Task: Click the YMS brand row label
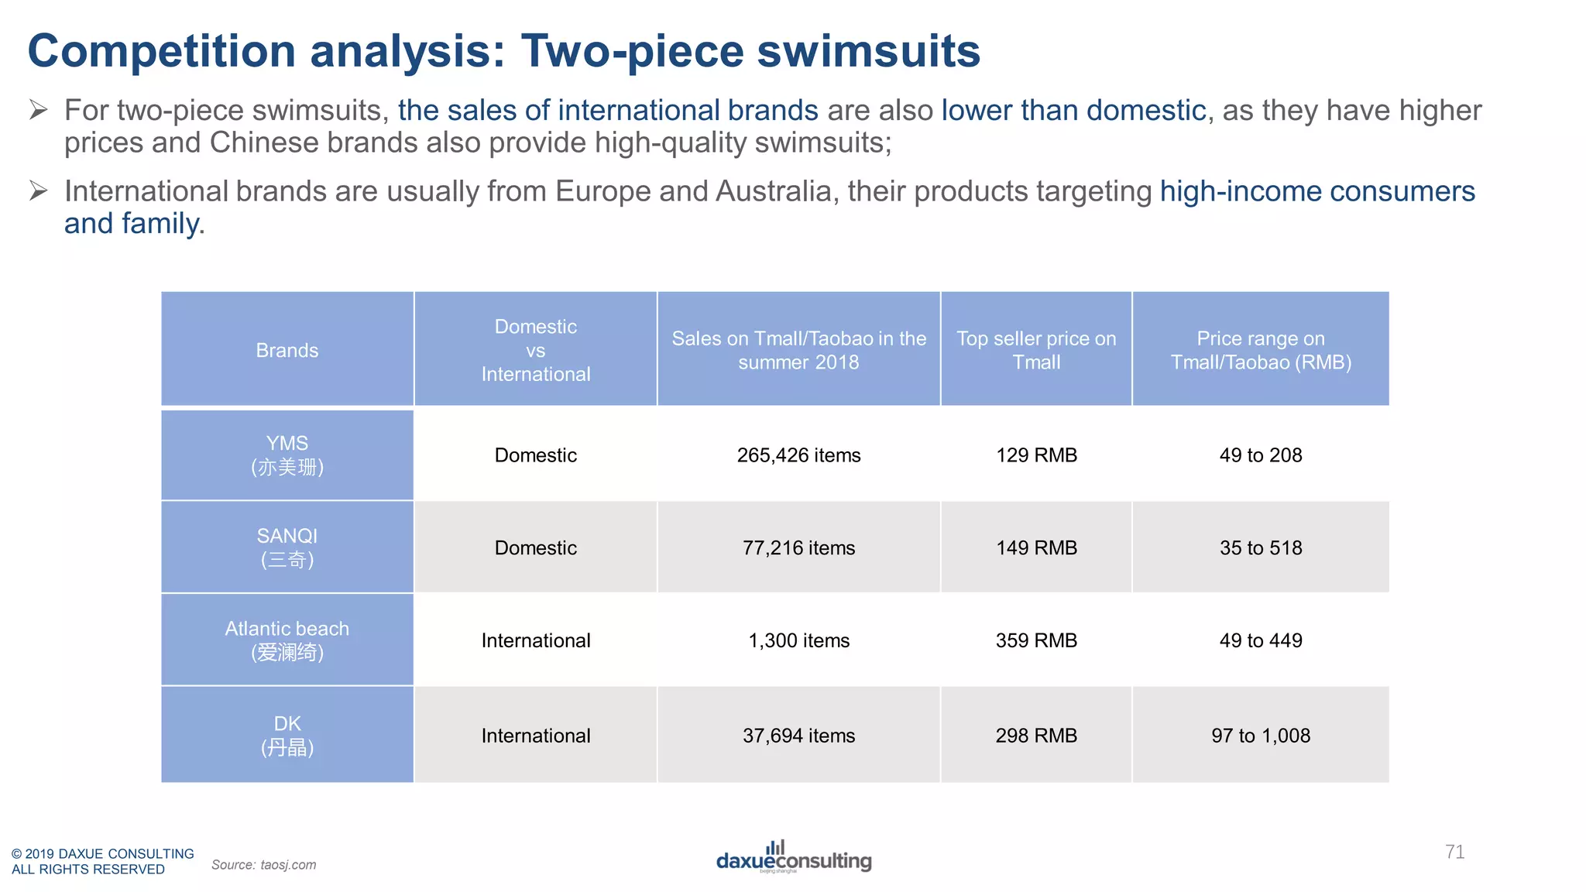pyautogui.click(x=287, y=455)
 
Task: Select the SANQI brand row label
pyautogui.click(x=287, y=547)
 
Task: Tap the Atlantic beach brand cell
pyautogui.click(x=287, y=640)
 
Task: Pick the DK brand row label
pyautogui.click(x=287, y=735)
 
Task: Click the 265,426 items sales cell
pyautogui.click(x=798, y=455)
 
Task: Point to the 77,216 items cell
pyautogui.click(x=798, y=548)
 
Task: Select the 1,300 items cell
pyautogui.click(x=798, y=640)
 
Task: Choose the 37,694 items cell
pyautogui.click(x=798, y=736)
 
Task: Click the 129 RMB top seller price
pyautogui.click(x=1036, y=455)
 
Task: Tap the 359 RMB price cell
pyautogui.click(x=1036, y=640)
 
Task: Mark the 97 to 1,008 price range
pyautogui.click(x=1261, y=736)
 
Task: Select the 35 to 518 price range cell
pyautogui.click(x=1261, y=548)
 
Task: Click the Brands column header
pyautogui.click(x=287, y=350)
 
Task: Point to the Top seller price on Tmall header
pyautogui.click(x=1036, y=350)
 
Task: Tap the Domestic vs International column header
pyautogui.click(x=536, y=350)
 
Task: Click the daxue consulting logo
pyautogui.click(x=794, y=858)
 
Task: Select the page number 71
pyautogui.click(x=1454, y=852)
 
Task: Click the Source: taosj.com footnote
pyautogui.click(x=264, y=865)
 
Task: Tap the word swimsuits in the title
pyautogui.click(x=868, y=51)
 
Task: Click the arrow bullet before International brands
pyautogui.click(x=39, y=190)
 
